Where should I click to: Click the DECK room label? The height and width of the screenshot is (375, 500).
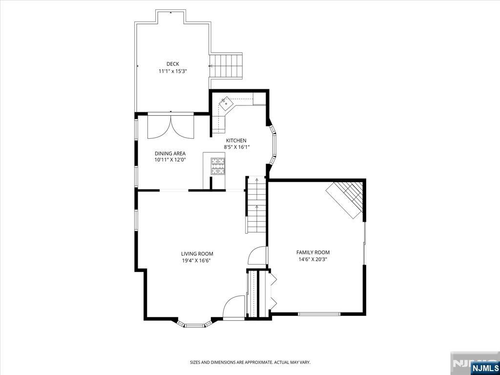pyautogui.click(x=172, y=64)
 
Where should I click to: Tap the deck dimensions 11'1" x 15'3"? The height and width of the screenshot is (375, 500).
pyautogui.click(x=172, y=71)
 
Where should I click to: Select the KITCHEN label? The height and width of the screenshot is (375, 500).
pyautogui.click(x=236, y=140)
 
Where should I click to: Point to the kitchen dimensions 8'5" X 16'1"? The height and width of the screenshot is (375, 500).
pyautogui.click(x=236, y=147)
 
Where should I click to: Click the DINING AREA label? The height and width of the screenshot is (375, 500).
pyautogui.click(x=170, y=153)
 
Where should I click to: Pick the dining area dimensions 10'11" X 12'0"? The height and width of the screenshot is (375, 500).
pyautogui.click(x=170, y=160)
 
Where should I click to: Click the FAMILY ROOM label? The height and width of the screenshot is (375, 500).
pyautogui.click(x=313, y=252)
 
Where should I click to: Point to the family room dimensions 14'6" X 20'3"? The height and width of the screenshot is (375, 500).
pyautogui.click(x=313, y=259)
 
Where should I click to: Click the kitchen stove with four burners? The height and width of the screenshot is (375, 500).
pyautogui.click(x=218, y=166)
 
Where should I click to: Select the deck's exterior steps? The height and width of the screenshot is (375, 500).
pyautogui.click(x=226, y=66)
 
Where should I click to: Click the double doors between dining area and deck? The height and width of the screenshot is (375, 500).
pyautogui.click(x=170, y=126)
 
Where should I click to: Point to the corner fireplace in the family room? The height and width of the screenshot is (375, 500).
pyautogui.click(x=346, y=199)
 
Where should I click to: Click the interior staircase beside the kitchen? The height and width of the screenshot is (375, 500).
pyautogui.click(x=256, y=205)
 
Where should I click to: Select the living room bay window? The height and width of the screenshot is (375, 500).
pyautogui.click(x=194, y=324)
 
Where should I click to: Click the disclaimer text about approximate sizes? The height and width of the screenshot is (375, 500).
pyautogui.click(x=250, y=362)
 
